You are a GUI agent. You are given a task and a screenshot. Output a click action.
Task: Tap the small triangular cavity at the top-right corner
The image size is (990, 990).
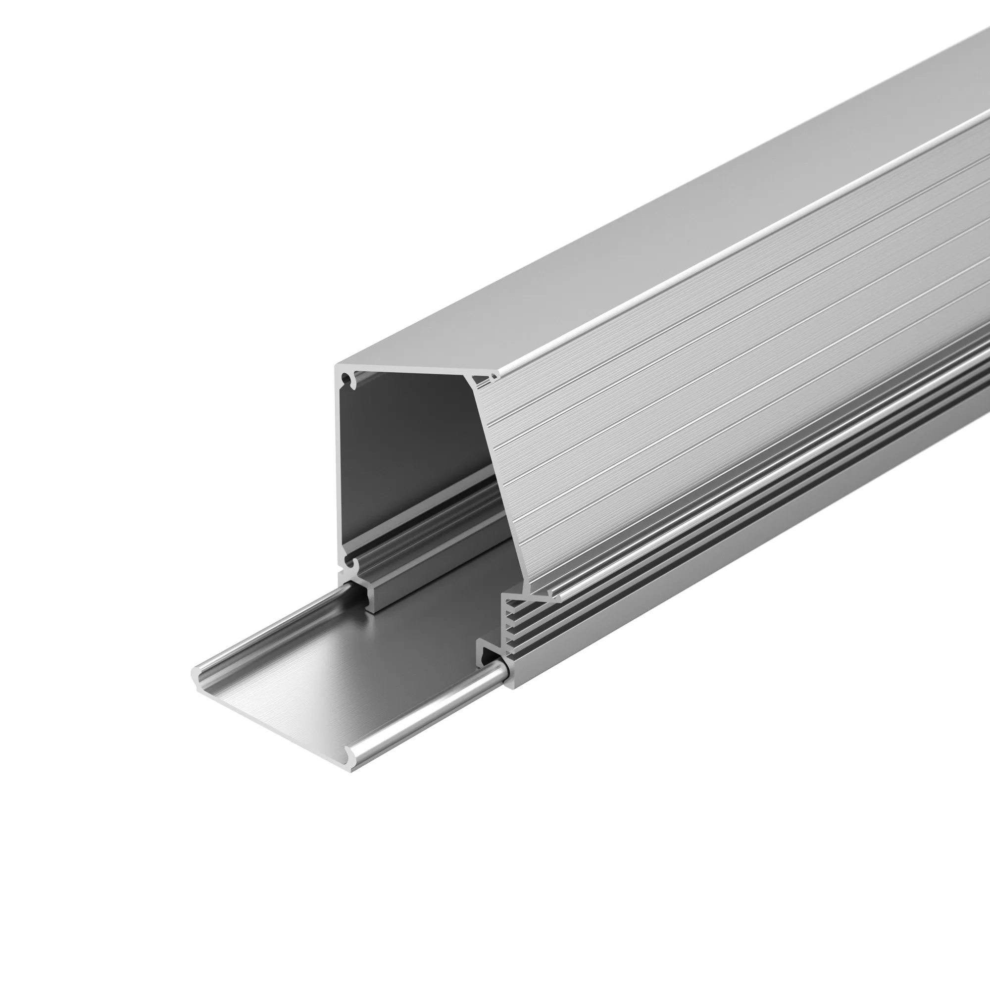click(x=483, y=379)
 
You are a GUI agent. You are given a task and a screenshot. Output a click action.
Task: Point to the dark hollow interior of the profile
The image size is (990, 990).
click(x=410, y=451)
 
